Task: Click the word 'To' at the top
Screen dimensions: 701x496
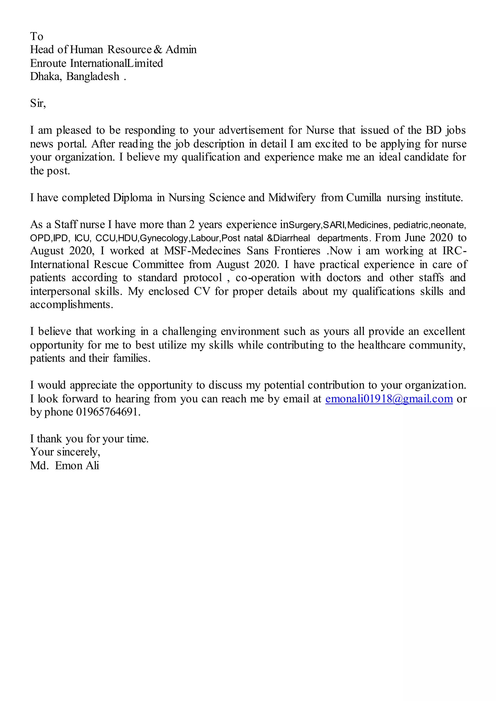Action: coord(37,36)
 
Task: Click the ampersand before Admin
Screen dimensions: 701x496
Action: coord(158,49)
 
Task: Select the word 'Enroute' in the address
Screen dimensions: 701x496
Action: coord(48,63)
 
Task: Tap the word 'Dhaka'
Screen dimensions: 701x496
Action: coord(46,76)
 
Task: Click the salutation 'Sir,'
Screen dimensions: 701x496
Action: coord(38,103)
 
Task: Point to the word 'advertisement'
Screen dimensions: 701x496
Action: coord(251,130)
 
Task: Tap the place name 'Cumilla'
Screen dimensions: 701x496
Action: coord(364,198)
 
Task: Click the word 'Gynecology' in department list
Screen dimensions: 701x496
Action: coord(164,238)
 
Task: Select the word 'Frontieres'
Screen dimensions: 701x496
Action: coord(297,251)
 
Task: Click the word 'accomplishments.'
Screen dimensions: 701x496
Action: coord(71,305)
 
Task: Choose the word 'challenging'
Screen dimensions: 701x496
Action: coord(189,331)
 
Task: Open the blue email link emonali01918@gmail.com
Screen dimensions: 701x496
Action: coord(389,399)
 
